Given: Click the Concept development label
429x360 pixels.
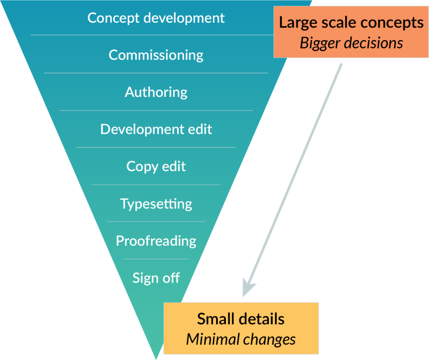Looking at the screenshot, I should coord(156,18).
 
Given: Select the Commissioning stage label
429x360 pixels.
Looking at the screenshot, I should coord(156,55).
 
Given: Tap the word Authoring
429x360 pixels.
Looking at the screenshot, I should coord(156,92).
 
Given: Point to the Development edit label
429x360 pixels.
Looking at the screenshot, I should coord(156,129).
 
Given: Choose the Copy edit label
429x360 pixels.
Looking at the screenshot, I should coord(156,166).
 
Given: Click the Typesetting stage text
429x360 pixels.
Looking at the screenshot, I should coord(156,203).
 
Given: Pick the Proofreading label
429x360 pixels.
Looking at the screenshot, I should coord(156,241).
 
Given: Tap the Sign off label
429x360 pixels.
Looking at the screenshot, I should coord(156,278).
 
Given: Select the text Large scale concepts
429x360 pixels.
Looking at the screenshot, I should coord(351,23).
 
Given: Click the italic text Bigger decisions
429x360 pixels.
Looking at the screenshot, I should coord(351,43).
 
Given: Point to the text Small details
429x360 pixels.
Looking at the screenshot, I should coord(241,319).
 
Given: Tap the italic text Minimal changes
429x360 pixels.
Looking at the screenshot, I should coord(241,339).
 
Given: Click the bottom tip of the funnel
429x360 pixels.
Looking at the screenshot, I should coord(156,357).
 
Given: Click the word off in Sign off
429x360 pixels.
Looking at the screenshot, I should coord(171,278).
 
